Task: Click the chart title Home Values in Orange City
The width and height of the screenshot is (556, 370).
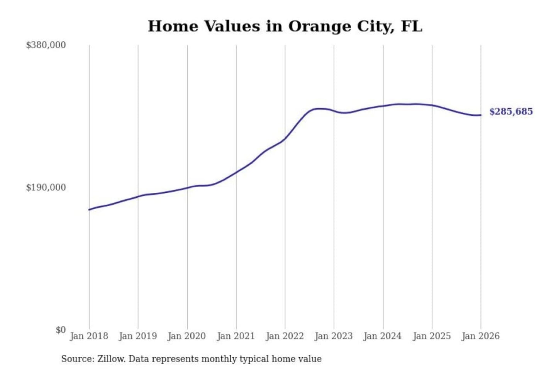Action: pos(285,26)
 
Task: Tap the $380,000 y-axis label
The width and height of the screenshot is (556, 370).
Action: pos(46,45)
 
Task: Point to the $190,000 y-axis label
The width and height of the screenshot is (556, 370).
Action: pos(46,187)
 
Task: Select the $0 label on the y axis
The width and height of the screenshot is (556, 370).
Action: pos(60,330)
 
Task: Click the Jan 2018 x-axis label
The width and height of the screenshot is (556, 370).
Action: pos(89,336)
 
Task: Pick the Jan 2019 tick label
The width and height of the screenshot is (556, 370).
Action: pos(138,336)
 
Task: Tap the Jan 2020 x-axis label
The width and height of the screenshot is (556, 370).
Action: pos(187,336)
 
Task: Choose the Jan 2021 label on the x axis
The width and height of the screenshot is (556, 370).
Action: pos(236,336)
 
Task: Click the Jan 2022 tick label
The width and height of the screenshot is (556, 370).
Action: pos(285,336)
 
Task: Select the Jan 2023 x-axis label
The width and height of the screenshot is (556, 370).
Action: pos(334,336)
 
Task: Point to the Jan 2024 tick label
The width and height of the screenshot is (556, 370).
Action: pos(383,336)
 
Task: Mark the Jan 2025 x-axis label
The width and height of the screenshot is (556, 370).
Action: pos(432,336)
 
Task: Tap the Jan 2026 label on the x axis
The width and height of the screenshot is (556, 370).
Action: pos(481,336)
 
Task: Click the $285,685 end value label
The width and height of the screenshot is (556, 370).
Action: pos(511,112)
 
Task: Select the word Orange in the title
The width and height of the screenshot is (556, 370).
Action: pos(312,26)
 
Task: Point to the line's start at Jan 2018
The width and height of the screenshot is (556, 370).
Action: pos(89,210)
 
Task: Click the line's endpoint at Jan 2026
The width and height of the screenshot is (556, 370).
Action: pos(481,115)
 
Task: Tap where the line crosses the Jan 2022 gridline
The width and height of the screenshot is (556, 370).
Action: pos(285,139)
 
